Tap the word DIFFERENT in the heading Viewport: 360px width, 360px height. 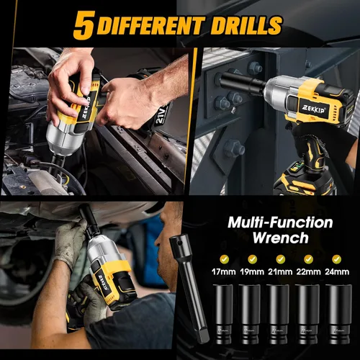pyautogui.click(x=151, y=25)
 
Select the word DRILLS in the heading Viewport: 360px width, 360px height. pyautogui.click(x=246, y=25)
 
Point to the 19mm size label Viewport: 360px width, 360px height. pyautogui.click(x=252, y=271)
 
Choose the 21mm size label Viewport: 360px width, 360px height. pyautogui.click(x=280, y=271)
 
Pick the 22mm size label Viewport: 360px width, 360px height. pyautogui.click(x=308, y=271)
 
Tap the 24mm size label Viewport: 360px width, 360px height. pyautogui.click(x=337, y=271)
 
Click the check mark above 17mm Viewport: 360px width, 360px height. pyautogui.click(x=224, y=259)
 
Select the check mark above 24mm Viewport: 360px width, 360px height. pyautogui.click(x=336, y=259)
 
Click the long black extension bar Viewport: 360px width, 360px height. pyautogui.click(x=189, y=288)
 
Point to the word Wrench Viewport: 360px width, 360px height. pyautogui.click(x=280, y=238)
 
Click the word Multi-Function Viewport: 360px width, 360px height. pyautogui.click(x=280, y=222)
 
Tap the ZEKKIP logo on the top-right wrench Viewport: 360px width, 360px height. pyautogui.click(x=312, y=110)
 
